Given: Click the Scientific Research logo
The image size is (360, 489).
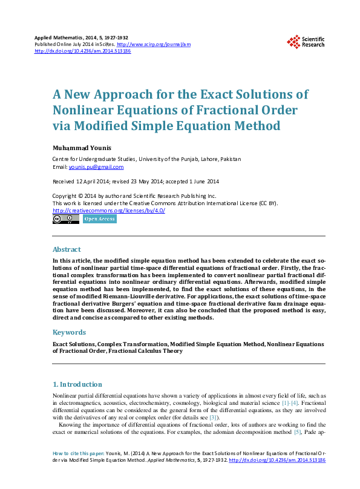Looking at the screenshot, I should pyautogui.click(x=306, y=41).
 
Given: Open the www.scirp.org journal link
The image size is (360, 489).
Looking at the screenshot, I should pyautogui.click(x=153, y=45).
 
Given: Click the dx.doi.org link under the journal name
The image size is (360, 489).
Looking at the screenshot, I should pyautogui.click(x=83, y=51).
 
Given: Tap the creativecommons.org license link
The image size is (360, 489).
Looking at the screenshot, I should pyautogui.click(x=109, y=210).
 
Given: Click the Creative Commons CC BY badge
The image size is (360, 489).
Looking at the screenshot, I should pyautogui.click(x=66, y=219).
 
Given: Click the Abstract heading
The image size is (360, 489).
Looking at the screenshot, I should pyautogui.click(x=67, y=249).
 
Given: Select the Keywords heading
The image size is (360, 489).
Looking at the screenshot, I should pyautogui.click(x=70, y=332).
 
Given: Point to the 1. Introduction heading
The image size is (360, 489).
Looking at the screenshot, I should pyautogui.click(x=77, y=384).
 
